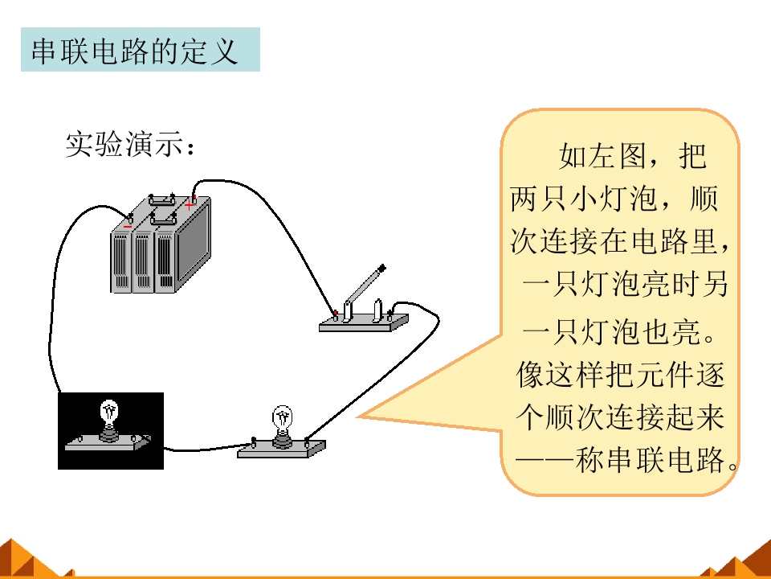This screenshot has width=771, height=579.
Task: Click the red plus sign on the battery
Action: pyautogui.click(x=190, y=203)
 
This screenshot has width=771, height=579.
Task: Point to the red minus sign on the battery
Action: pyautogui.click(x=128, y=226)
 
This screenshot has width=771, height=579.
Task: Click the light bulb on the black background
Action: pyautogui.click(x=108, y=417)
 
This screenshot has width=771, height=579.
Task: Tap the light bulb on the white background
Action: pyautogui.click(x=282, y=422)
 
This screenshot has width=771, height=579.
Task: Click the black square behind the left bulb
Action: pyautogui.click(x=111, y=431)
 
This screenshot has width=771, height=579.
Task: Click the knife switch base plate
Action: pyautogui.click(x=363, y=323)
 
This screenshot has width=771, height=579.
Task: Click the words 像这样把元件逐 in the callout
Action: pyautogui.click(x=620, y=375)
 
